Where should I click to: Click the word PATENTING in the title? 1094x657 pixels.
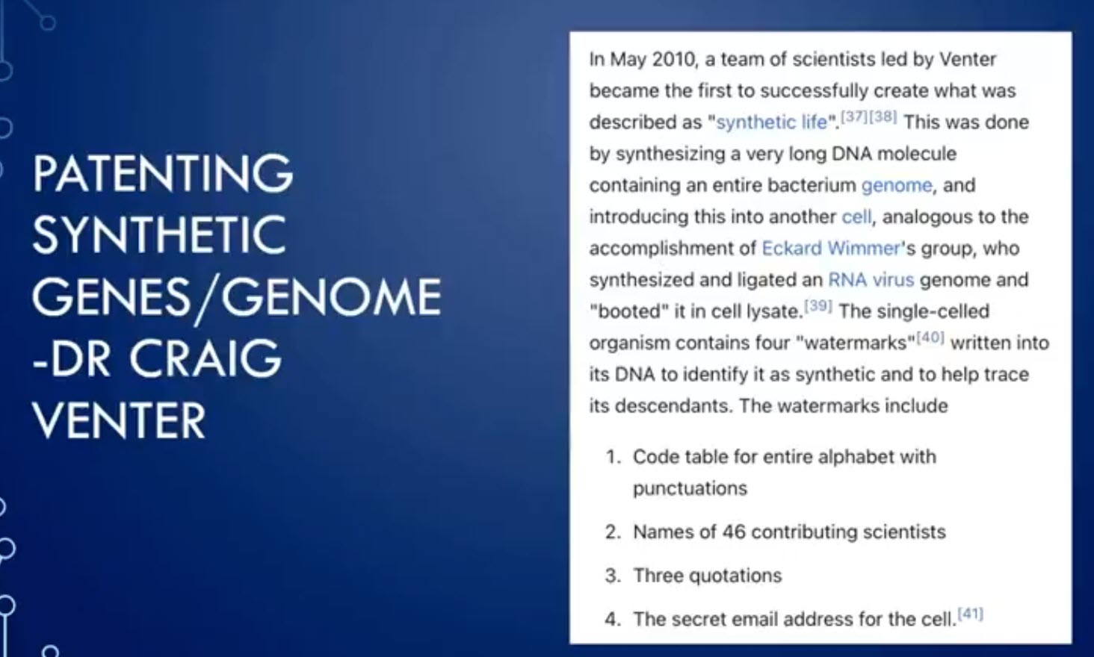163,172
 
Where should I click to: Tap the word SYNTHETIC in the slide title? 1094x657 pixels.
159,234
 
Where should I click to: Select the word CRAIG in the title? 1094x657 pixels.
205,358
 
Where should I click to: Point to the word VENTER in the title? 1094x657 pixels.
119,420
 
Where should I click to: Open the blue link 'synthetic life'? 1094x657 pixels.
772,122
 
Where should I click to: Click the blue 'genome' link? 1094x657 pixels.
897,185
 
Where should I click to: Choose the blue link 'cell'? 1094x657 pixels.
856,217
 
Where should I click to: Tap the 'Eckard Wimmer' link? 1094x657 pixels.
831,248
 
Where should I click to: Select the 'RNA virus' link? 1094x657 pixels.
871,280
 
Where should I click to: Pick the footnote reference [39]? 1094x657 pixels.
818,305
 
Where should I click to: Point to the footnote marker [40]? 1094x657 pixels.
930,337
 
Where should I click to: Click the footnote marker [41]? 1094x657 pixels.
971,614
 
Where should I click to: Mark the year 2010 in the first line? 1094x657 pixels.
673,60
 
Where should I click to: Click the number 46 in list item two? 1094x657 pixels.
734,532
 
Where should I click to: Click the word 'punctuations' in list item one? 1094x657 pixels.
690,488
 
